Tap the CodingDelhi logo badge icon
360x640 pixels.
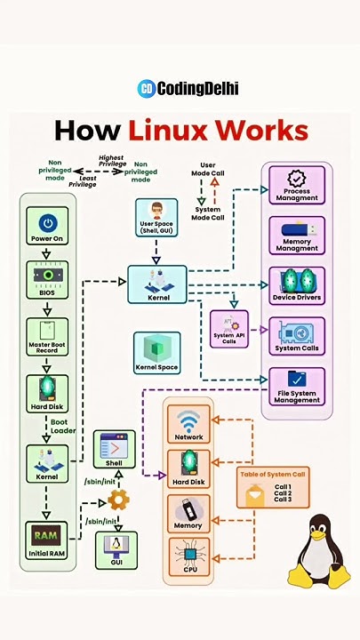pyautogui.click(x=146, y=88)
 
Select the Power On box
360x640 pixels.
pyautogui.click(x=47, y=226)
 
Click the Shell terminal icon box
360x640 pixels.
pyautogui.click(x=115, y=449)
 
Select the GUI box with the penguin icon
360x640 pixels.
pyautogui.click(x=116, y=549)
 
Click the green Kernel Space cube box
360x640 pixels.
pyautogui.click(x=156, y=352)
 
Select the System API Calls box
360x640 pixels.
pyautogui.click(x=228, y=328)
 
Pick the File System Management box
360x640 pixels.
pyautogui.click(x=297, y=386)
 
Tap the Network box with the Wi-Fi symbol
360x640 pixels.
pyautogui.click(x=188, y=424)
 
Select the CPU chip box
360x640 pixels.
pyautogui.click(x=188, y=558)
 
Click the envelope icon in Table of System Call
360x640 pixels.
pyautogui.click(x=254, y=494)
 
